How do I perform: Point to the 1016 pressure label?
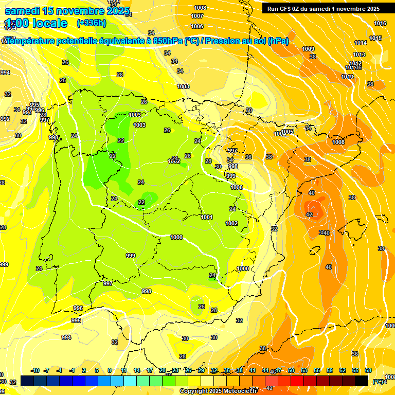[x=380, y=23]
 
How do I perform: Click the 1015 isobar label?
[x=375, y=38]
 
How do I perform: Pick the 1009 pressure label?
[x=308, y=49]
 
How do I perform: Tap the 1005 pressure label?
[x=287, y=132]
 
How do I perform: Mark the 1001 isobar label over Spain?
[x=207, y=217]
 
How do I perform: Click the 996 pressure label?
[x=78, y=308]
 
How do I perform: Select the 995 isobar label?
[x=76, y=320]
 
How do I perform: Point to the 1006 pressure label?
[x=197, y=26]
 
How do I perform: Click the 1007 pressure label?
[x=197, y=16]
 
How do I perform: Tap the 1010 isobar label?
[x=347, y=77]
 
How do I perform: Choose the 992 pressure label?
[x=5, y=119]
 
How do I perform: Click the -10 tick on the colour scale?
[x=35, y=370]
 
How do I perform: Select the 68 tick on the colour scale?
[x=368, y=370]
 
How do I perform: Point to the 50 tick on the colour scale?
[x=291, y=370]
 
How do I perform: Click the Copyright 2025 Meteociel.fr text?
[x=219, y=391]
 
